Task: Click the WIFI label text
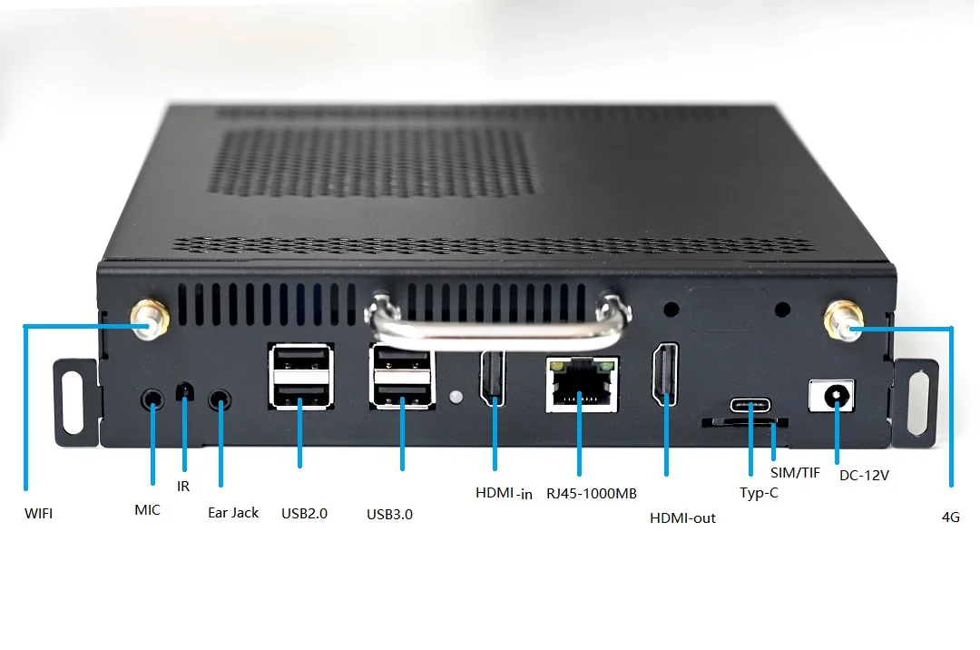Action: [x=38, y=513]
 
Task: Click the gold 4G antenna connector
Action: [x=841, y=321]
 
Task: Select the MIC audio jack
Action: [x=152, y=399]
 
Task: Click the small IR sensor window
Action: [x=185, y=391]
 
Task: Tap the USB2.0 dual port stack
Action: [x=299, y=377]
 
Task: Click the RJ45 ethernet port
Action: [x=581, y=385]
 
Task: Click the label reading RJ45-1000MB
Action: [x=590, y=494]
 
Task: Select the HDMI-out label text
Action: [x=682, y=518]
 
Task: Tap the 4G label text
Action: [x=950, y=517]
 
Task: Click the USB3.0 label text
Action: [x=389, y=514]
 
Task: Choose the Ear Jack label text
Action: [x=233, y=513]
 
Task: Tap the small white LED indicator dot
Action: [x=456, y=397]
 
